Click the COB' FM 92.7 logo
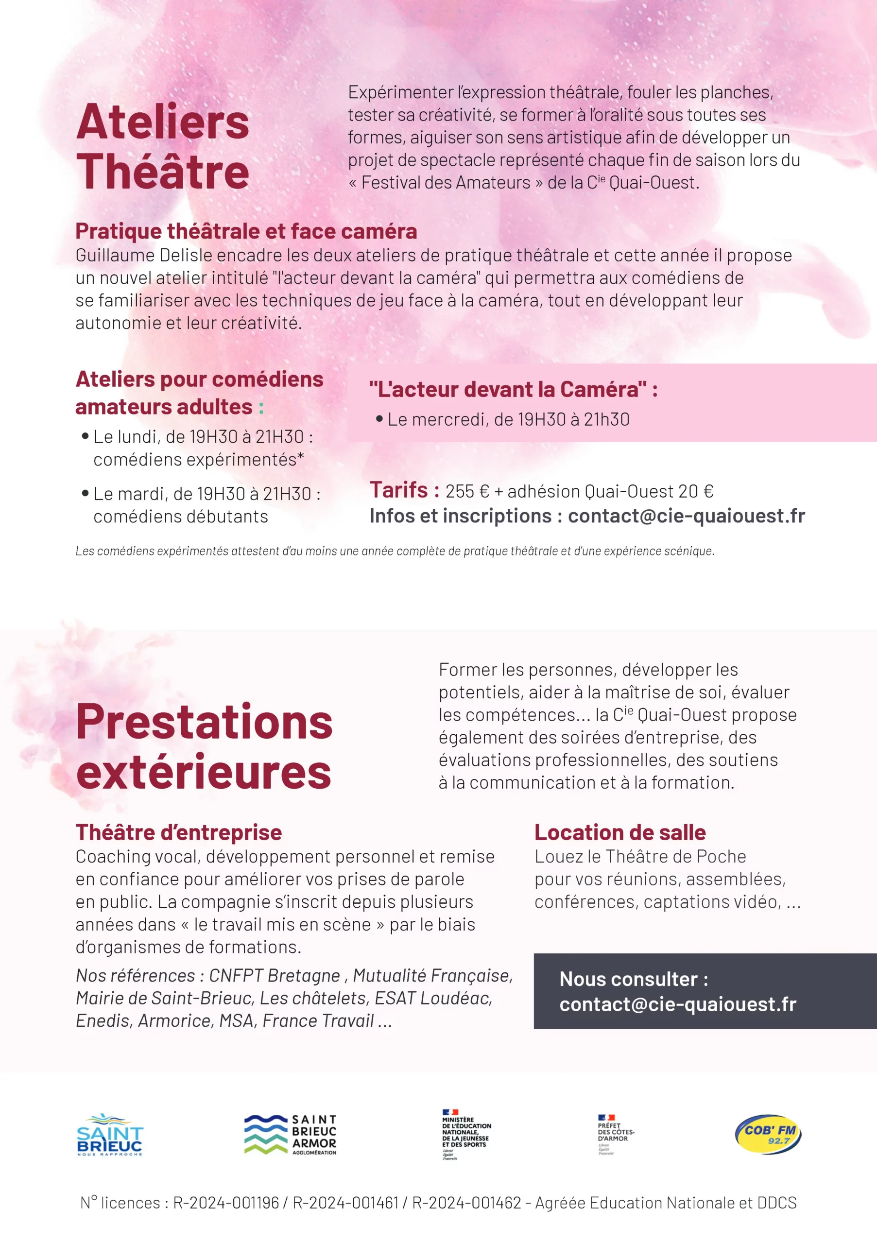pyautogui.click(x=768, y=1134)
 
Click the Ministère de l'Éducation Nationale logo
pyautogui.click(x=466, y=1134)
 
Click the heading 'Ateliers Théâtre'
pyautogui.click(x=162, y=146)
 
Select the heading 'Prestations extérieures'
pyautogui.click(x=204, y=746)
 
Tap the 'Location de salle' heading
pyautogui.click(x=619, y=832)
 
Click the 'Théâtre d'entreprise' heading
pyautogui.click(x=179, y=832)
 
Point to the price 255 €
pyautogui.click(x=467, y=491)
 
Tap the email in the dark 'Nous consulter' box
pyautogui.click(x=678, y=1004)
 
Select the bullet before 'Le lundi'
pyautogui.click(x=85, y=436)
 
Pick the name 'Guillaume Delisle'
pyautogui.click(x=145, y=255)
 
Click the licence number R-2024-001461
pyautogui.click(x=345, y=1203)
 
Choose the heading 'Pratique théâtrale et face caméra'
pyautogui.click(x=246, y=231)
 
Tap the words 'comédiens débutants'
pyautogui.click(x=180, y=517)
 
